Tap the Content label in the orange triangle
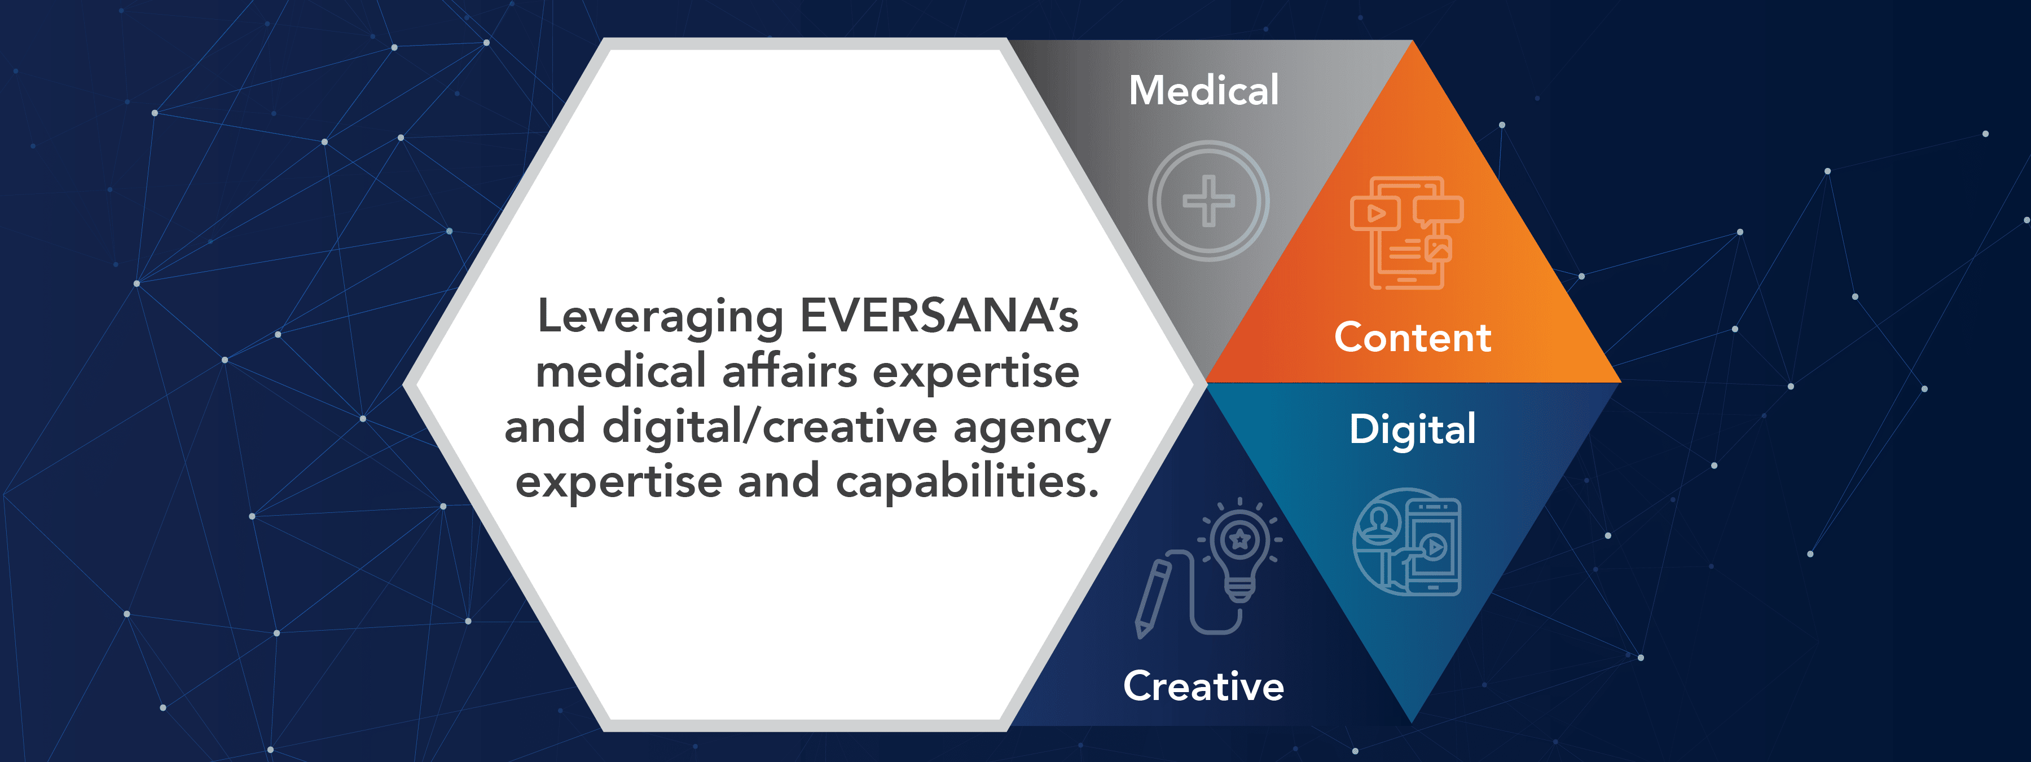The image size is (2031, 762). pyautogui.click(x=1413, y=337)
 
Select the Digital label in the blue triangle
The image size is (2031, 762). pyautogui.click(x=1412, y=430)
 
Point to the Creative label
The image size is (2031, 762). pyautogui.click(x=1203, y=685)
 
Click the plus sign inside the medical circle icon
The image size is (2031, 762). pyautogui.click(x=1208, y=201)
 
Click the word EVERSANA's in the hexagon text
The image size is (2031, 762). pyautogui.click(x=939, y=316)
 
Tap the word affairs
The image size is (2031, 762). pyautogui.click(x=789, y=371)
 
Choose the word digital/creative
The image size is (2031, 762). pyautogui.click(x=770, y=428)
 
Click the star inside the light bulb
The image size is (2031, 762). pyautogui.click(x=1240, y=539)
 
